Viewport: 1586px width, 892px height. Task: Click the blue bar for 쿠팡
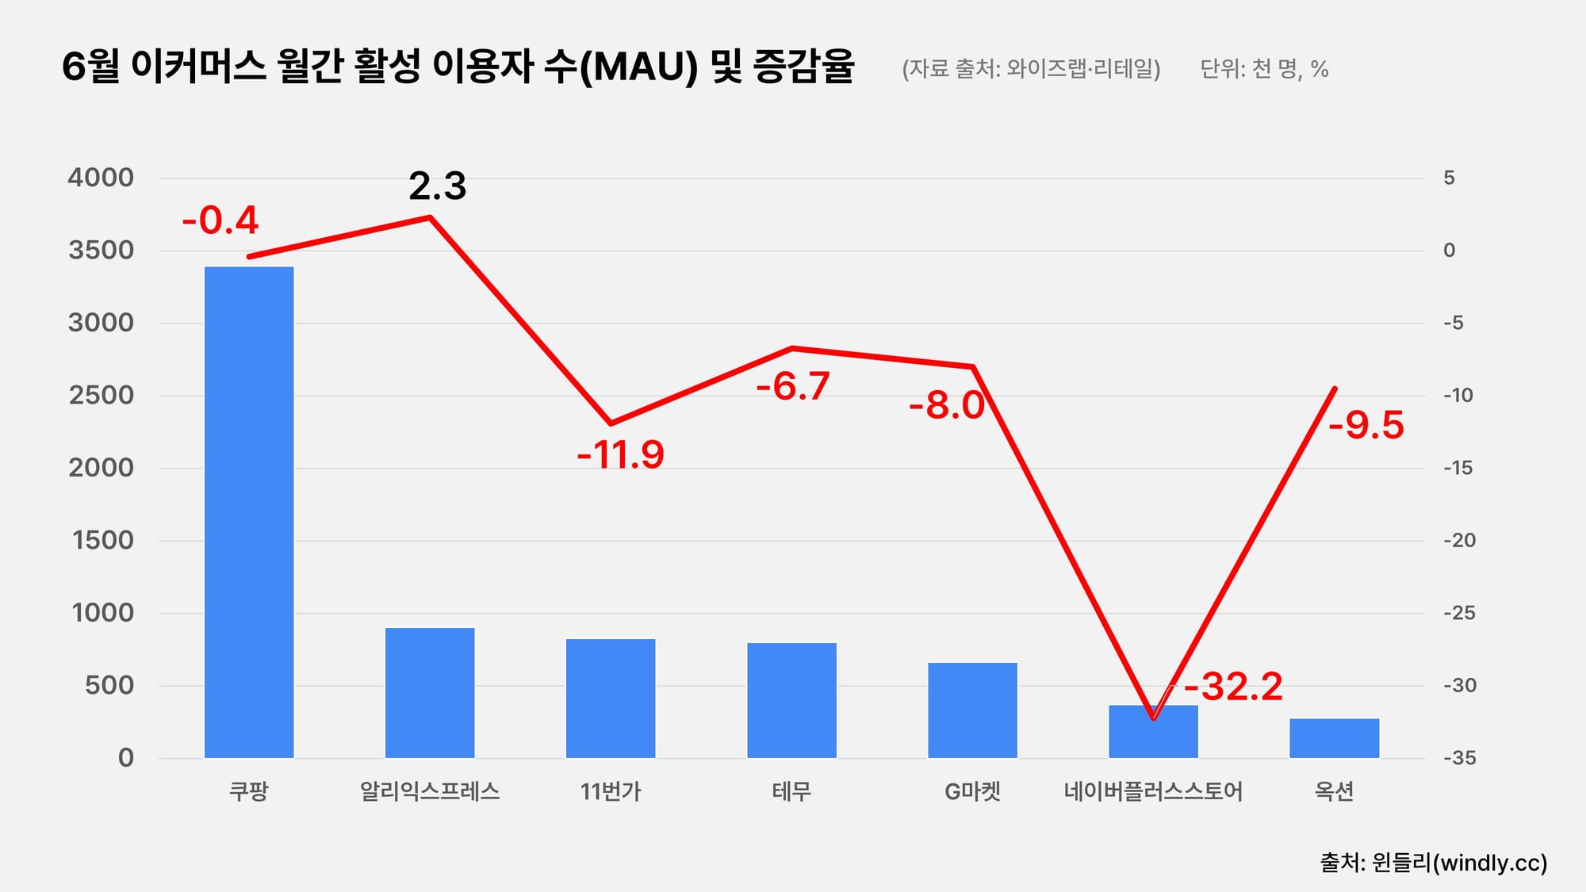[x=249, y=512]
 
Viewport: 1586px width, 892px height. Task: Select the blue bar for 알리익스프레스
[x=430, y=692]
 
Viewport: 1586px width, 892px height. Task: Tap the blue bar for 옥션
[x=1334, y=738]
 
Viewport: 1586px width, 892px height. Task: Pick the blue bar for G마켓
[x=972, y=710]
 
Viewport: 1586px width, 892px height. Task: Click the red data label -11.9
[x=620, y=455]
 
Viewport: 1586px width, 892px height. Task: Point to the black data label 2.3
[x=437, y=186]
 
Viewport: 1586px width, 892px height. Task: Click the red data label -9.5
[x=1366, y=425]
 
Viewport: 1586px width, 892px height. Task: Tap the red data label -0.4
[x=220, y=220]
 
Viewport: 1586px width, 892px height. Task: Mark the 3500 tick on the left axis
[x=101, y=251]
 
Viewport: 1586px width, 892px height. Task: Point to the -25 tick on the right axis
[x=1459, y=613]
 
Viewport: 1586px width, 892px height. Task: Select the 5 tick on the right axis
[x=1449, y=178]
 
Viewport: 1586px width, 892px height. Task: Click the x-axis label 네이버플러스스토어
[x=1153, y=791]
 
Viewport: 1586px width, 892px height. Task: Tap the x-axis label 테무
[x=791, y=791]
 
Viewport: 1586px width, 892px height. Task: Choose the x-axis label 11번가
[x=611, y=791]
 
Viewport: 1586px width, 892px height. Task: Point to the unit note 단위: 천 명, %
[x=1264, y=69]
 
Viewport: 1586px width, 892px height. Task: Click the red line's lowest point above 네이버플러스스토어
[x=1153, y=718]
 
